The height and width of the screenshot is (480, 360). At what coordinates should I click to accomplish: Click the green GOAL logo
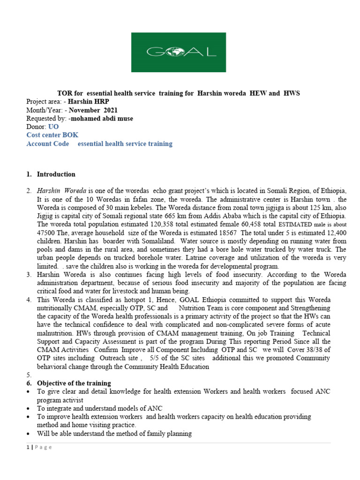(180, 52)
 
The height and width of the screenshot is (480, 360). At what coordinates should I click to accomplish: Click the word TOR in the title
(64, 93)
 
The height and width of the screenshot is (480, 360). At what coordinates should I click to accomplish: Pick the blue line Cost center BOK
(52, 135)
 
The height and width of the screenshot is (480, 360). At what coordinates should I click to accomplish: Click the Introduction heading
(56, 174)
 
